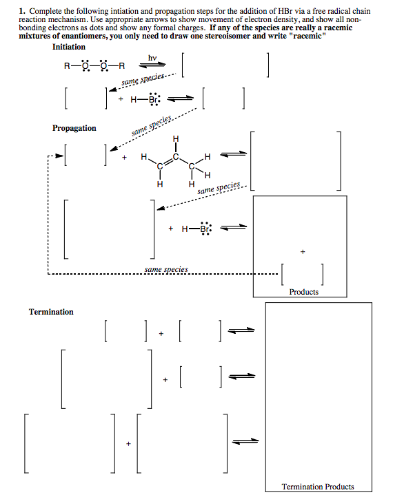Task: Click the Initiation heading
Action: pyautogui.click(x=69, y=47)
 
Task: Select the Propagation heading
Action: pyautogui.click(x=74, y=128)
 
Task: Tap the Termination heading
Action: pyautogui.click(x=51, y=312)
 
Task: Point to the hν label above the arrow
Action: pyautogui.click(x=152, y=58)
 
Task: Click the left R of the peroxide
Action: pyautogui.click(x=66, y=67)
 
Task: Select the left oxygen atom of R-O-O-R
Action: pyautogui.click(x=85, y=67)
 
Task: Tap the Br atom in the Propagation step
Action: pyautogui.click(x=205, y=229)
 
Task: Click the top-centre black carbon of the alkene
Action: pyautogui.click(x=176, y=156)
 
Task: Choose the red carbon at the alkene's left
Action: pyautogui.click(x=160, y=167)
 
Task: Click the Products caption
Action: pyautogui.click(x=303, y=292)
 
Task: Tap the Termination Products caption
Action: pyautogui.click(x=318, y=487)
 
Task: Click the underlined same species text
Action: pyautogui.click(x=166, y=269)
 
